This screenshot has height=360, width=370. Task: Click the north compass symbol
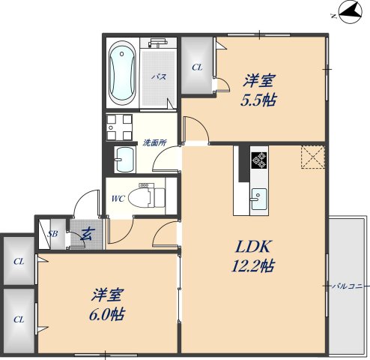[350, 12]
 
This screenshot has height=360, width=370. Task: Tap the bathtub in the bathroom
[122, 73]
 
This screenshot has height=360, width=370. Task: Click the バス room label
[159, 76]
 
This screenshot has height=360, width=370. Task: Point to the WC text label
[118, 199]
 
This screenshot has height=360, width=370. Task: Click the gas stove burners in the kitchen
[259, 160]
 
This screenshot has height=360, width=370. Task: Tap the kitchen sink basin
[259, 199]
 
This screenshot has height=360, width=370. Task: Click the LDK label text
[253, 247]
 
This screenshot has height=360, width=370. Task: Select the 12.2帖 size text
[253, 265]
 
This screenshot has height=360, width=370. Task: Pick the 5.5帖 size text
[258, 100]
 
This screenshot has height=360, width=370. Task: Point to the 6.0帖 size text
[107, 314]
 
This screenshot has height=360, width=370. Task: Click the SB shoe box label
[52, 234]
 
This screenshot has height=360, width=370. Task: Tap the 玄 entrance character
[86, 234]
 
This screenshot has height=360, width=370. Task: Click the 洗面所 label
[155, 142]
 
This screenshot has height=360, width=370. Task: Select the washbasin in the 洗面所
[125, 159]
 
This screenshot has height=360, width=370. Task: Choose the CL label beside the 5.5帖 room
[197, 67]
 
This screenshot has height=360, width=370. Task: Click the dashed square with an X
[313, 157]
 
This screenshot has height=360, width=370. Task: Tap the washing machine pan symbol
[119, 127]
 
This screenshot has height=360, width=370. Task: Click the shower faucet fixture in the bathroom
[158, 43]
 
